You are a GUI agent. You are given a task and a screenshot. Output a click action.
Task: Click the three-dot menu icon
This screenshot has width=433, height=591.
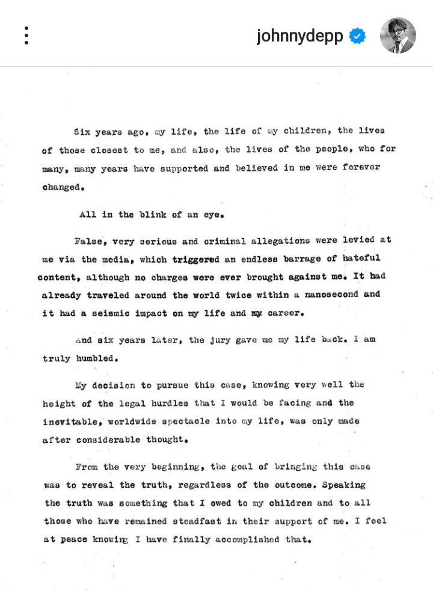tap(26, 35)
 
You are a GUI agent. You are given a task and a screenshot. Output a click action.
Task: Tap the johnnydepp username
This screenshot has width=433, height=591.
tap(299, 36)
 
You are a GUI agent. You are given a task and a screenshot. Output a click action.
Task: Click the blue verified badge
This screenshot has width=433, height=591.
tap(357, 36)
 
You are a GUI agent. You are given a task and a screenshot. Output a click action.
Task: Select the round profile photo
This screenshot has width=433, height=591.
tap(398, 35)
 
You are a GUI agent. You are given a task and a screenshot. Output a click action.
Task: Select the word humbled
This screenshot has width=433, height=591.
tap(94, 358)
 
